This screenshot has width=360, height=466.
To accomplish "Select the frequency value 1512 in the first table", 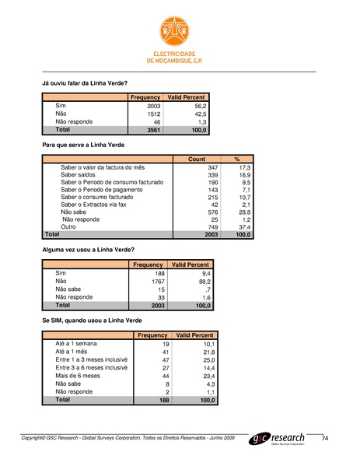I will pos(153,114).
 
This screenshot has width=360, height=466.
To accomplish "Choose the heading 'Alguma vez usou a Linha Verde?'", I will pos(87,249).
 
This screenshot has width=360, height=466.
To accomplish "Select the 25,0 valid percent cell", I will pos(204,360).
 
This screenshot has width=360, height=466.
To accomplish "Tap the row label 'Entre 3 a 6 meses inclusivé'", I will pos(91,368).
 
